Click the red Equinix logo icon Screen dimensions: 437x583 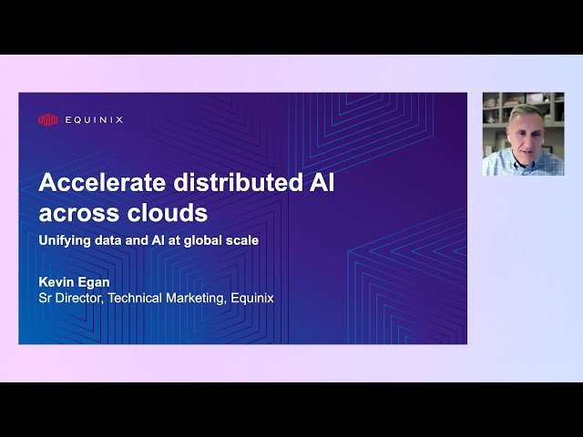[48, 119]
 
